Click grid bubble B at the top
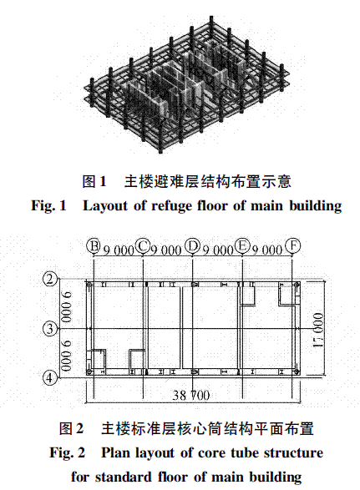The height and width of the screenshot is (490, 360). [x=94, y=246]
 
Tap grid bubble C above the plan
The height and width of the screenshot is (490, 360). [x=143, y=246]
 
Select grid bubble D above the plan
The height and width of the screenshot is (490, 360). [x=192, y=246]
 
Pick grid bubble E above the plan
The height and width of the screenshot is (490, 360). [x=242, y=246]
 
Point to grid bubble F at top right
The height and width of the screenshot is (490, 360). [x=292, y=246]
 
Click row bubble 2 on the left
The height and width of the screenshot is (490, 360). [x=50, y=279]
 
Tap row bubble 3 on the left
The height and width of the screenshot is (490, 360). [x=50, y=329]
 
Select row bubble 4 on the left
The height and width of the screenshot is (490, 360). [x=50, y=378]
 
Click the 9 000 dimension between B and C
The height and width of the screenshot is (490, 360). [x=119, y=250]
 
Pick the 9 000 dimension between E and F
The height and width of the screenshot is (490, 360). [x=267, y=250]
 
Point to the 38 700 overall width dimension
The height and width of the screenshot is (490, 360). [x=191, y=396]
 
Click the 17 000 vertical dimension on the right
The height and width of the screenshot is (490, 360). [x=317, y=330]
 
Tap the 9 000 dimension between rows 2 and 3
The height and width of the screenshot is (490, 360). [x=67, y=306]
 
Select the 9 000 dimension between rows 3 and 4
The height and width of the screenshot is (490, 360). [x=67, y=356]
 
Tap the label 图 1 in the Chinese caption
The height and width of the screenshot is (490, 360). [x=94, y=181]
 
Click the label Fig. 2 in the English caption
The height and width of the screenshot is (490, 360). [x=68, y=453]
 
